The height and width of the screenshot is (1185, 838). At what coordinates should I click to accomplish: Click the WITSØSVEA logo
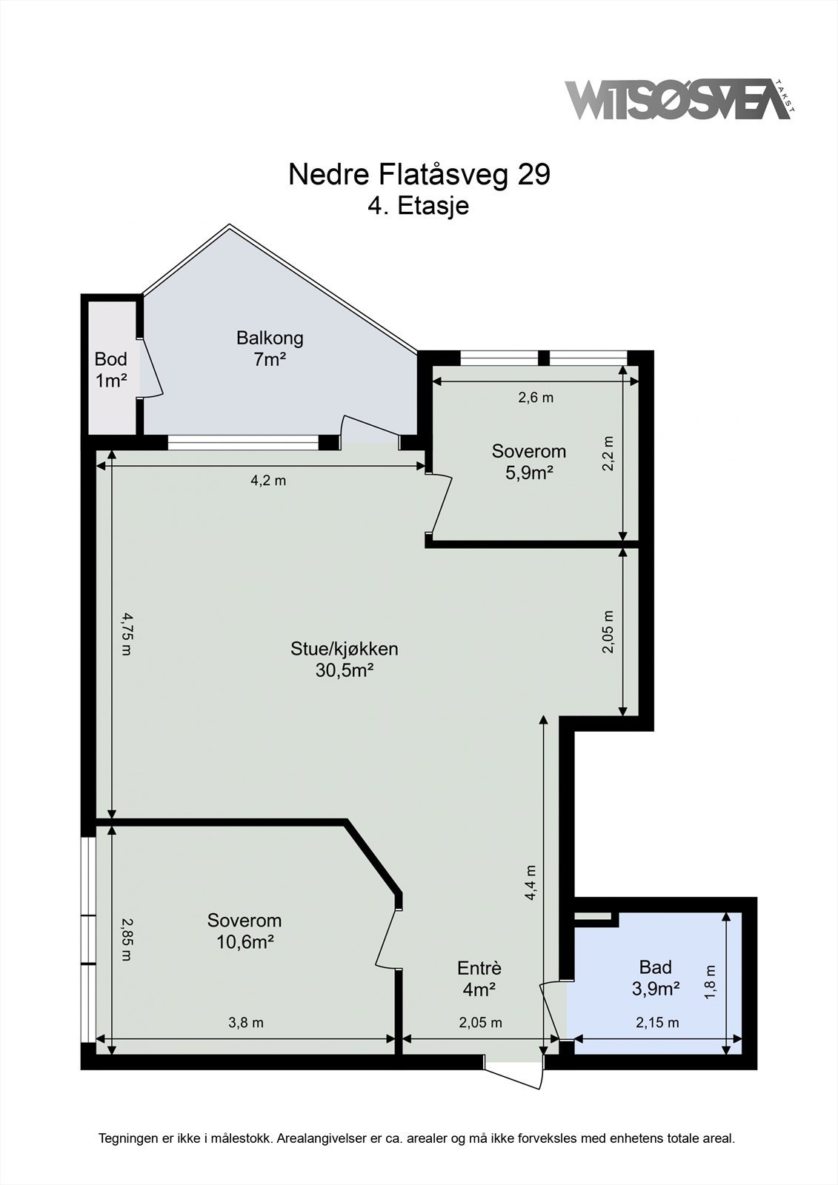680,100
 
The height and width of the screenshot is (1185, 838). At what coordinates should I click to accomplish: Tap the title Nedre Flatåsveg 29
419,175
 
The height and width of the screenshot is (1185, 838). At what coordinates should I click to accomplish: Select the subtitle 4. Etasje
419,206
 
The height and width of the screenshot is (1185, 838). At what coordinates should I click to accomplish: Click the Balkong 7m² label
270,349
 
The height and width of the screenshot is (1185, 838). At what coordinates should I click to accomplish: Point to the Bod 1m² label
111,370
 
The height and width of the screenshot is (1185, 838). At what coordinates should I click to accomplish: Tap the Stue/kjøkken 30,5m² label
345,659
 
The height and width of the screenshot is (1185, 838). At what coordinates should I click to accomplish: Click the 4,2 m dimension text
268,481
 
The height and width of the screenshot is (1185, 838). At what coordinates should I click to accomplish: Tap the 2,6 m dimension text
536,397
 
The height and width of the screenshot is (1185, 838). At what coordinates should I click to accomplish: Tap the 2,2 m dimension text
608,453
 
